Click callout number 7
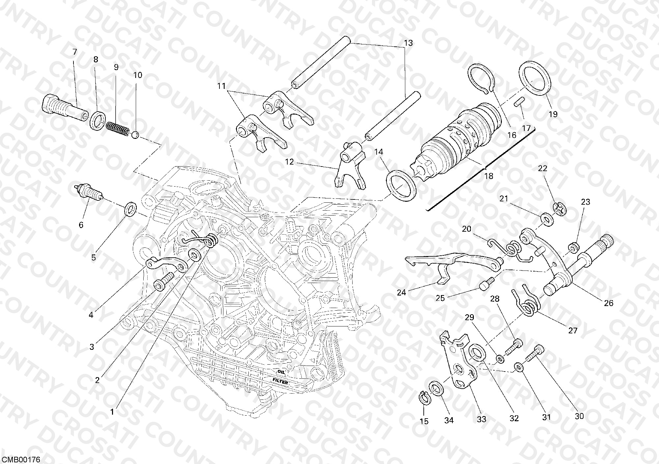pos(75,52)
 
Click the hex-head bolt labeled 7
pos(65,105)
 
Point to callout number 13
pos(408,43)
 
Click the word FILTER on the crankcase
pos(280,382)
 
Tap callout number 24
pos(401,292)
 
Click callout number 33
pos(482,419)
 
